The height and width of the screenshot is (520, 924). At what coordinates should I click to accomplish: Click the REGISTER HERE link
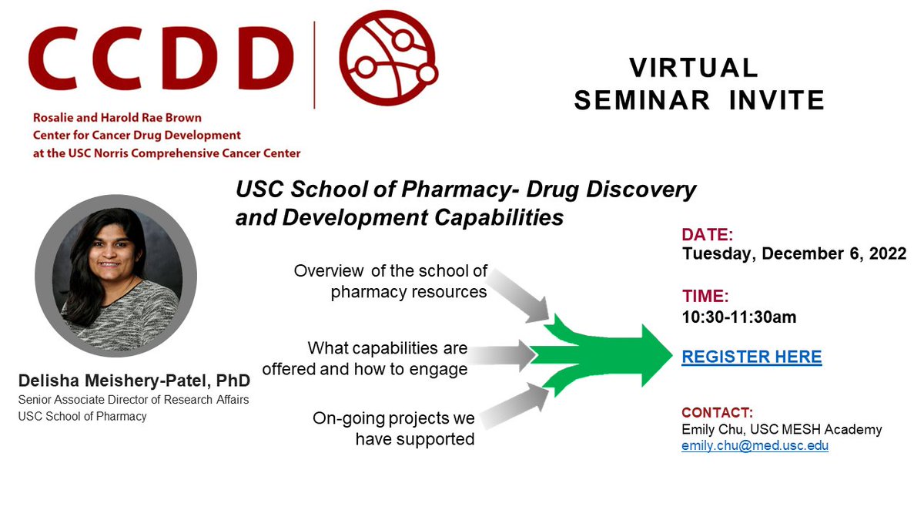(752, 357)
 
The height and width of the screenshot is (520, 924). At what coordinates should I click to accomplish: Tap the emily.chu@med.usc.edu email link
(755, 446)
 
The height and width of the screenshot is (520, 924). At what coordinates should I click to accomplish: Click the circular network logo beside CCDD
(388, 59)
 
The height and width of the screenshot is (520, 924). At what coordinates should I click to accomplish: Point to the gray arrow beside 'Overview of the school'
(517, 296)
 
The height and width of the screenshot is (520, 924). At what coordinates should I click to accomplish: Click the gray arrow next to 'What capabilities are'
(502, 356)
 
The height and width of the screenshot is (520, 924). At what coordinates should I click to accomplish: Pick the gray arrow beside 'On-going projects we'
(514, 406)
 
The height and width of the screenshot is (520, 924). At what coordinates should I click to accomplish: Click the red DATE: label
(707, 235)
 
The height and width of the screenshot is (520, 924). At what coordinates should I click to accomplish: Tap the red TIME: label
(705, 296)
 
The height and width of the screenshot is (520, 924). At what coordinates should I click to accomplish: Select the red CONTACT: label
(717, 412)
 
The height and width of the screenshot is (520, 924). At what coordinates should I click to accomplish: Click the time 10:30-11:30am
(738, 317)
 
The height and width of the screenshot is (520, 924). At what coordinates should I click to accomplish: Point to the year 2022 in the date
(888, 253)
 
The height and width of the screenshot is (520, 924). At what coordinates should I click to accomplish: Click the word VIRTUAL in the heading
(694, 68)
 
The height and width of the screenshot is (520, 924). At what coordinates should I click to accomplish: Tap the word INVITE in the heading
(776, 100)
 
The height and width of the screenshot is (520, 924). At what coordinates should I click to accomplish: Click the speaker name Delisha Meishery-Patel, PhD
(134, 381)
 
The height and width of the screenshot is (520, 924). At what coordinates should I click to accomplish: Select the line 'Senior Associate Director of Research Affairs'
(133, 400)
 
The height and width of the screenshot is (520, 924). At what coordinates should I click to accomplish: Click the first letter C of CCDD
(54, 59)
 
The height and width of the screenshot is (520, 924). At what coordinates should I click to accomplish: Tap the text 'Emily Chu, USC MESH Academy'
(782, 429)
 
